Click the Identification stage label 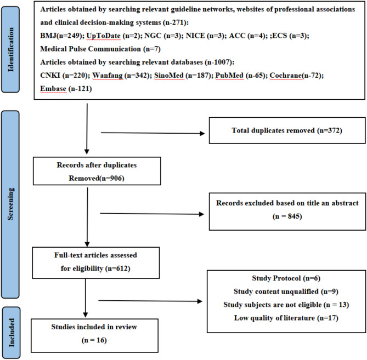pyautogui.click(x=10, y=49)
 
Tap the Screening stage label pyautogui.click(x=10, y=204)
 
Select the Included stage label pyautogui.click(x=11, y=333)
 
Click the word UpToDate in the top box pyautogui.click(x=103, y=36)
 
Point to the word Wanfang pyautogui.click(x=108, y=76)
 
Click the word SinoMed pyautogui.click(x=169, y=76)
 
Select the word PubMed pyautogui.click(x=229, y=76)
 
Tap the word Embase pyautogui.click(x=53, y=89)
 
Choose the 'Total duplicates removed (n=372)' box pyautogui.click(x=287, y=130)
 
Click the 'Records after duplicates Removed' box pyautogui.click(x=97, y=171)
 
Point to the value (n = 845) pyautogui.click(x=287, y=216)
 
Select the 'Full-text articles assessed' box pyautogui.click(x=96, y=263)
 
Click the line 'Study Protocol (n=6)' pyautogui.click(x=286, y=278)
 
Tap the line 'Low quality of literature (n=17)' pyautogui.click(x=286, y=318)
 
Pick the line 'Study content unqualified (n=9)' pyautogui.click(x=286, y=292)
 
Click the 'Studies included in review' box pyautogui.click(x=94, y=335)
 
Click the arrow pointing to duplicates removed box pyautogui.click(x=153, y=133)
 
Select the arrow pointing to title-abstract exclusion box pyautogui.click(x=152, y=214)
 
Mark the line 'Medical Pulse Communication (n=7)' pyautogui.click(x=100, y=49)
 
